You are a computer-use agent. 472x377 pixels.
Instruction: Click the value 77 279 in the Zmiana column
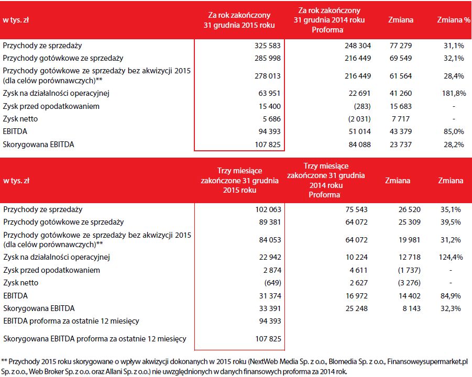[x=402, y=46]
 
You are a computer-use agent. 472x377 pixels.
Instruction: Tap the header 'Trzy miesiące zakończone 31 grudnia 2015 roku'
[x=239, y=180]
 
